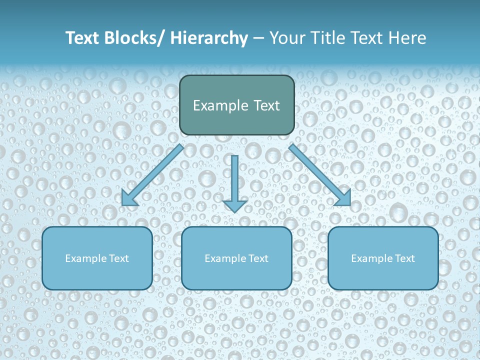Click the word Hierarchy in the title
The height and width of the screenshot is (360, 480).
[209, 38]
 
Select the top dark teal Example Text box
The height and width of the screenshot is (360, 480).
[236, 105]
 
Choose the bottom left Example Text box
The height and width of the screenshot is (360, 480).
[97, 258]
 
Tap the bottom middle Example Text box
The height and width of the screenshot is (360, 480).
[236, 258]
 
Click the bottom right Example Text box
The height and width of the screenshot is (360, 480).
[383, 258]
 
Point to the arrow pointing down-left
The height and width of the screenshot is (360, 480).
[153, 175]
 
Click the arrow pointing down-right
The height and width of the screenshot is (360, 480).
[320, 175]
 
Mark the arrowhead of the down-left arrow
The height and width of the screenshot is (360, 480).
[128, 198]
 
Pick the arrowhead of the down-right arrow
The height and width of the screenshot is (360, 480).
[343, 198]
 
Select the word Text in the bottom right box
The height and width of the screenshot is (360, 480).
[404, 258]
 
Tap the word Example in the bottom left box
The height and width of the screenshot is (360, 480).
[86, 258]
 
